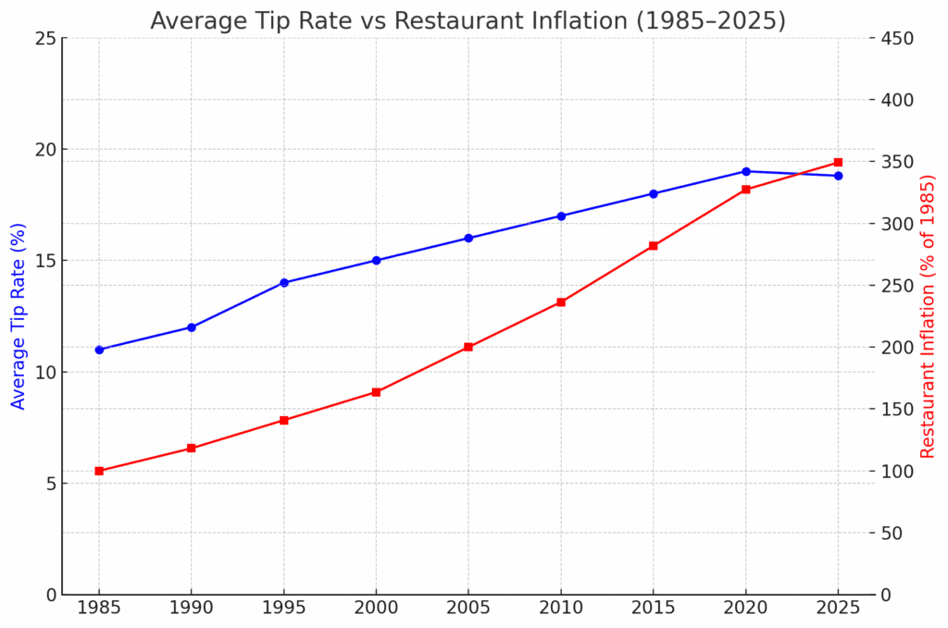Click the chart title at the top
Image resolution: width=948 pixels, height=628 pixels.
click(x=468, y=20)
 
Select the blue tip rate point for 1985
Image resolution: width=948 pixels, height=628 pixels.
click(x=99, y=350)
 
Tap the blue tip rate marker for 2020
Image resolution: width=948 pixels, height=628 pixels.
click(x=746, y=171)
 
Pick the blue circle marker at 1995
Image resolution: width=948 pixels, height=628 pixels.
click(x=284, y=283)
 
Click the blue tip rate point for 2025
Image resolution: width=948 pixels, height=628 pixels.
click(x=838, y=176)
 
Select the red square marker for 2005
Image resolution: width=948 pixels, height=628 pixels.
click(x=468, y=347)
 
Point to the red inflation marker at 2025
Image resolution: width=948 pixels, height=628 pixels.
click(x=838, y=162)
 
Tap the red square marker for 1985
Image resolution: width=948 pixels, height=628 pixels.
click(x=99, y=471)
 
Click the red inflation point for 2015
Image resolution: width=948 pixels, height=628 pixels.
click(x=654, y=246)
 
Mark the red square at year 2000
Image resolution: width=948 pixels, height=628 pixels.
click(x=376, y=392)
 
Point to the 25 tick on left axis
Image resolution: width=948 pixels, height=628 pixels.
click(x=45, y=38)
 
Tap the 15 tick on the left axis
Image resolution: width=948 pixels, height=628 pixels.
click(x=45, y=261)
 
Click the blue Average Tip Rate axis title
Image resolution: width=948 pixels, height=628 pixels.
click(x=18, y=316)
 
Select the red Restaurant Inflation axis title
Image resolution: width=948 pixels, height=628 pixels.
click(x=928, y=316)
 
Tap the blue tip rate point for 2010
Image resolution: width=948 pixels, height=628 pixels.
click(x=561, y=215)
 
